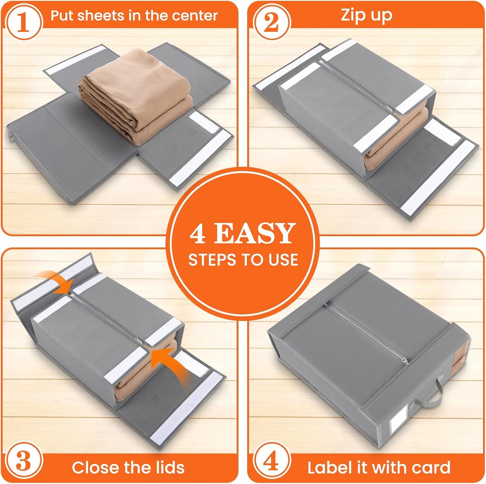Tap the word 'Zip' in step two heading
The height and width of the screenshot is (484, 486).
click(x=352, y=15)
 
